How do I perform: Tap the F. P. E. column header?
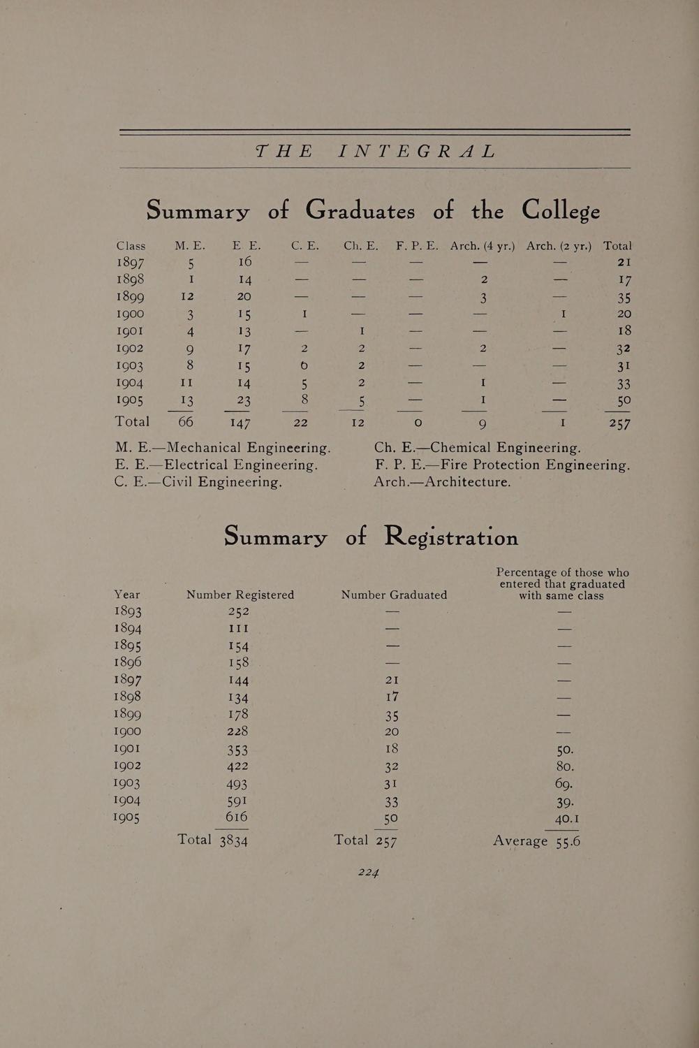click(x=417, y=246)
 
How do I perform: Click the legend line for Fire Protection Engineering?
click(x=502, y=465)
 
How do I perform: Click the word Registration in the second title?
click(x=451, y=537)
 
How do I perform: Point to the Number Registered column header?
click(x=240, y=595)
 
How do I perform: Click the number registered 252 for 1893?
click(x=238, y=612)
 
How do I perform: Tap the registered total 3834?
click(x=233, y=840)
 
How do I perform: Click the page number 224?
click(x=368, y=871)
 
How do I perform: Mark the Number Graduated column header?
click(x=394, y=595)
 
